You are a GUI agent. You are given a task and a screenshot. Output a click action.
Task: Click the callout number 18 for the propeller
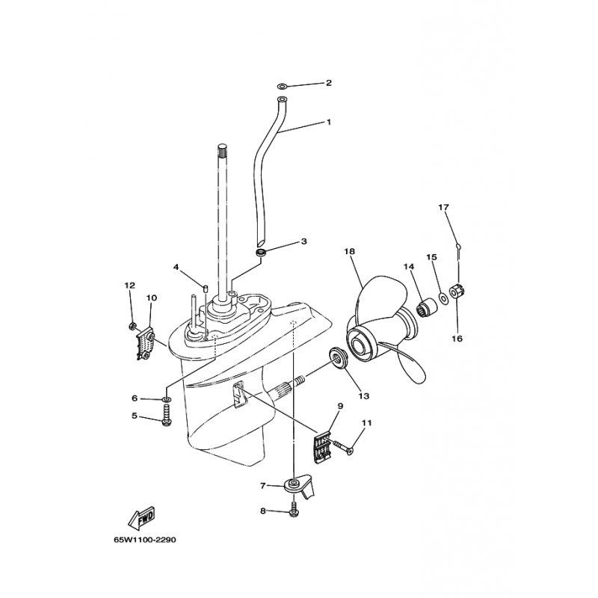pyautogui.click(x=349, y=251)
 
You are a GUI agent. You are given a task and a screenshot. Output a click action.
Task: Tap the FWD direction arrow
pyautogui.click(x=141, y=517)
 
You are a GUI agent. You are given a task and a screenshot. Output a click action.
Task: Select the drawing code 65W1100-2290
pyautogui.click(x=144, y=540)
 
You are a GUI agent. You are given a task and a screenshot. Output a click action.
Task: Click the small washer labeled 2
pyautogui.click(x=282, y=84)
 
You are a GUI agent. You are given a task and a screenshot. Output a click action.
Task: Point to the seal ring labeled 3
pyautogui.click(x=260, y=253)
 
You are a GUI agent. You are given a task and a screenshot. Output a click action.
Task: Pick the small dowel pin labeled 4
pyautogui.click(x=205, y=288)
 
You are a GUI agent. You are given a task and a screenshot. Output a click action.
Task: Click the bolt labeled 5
pyautogui.click(x=166, y=415)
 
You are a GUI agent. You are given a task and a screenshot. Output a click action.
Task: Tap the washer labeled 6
pyautogui.click(x=166, y=399)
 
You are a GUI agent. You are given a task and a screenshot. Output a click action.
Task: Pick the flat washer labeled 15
pyautogui.click(x=443, y=297)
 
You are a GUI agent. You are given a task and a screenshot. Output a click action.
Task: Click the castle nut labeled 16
pyautogui.click(x=457, y=292)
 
